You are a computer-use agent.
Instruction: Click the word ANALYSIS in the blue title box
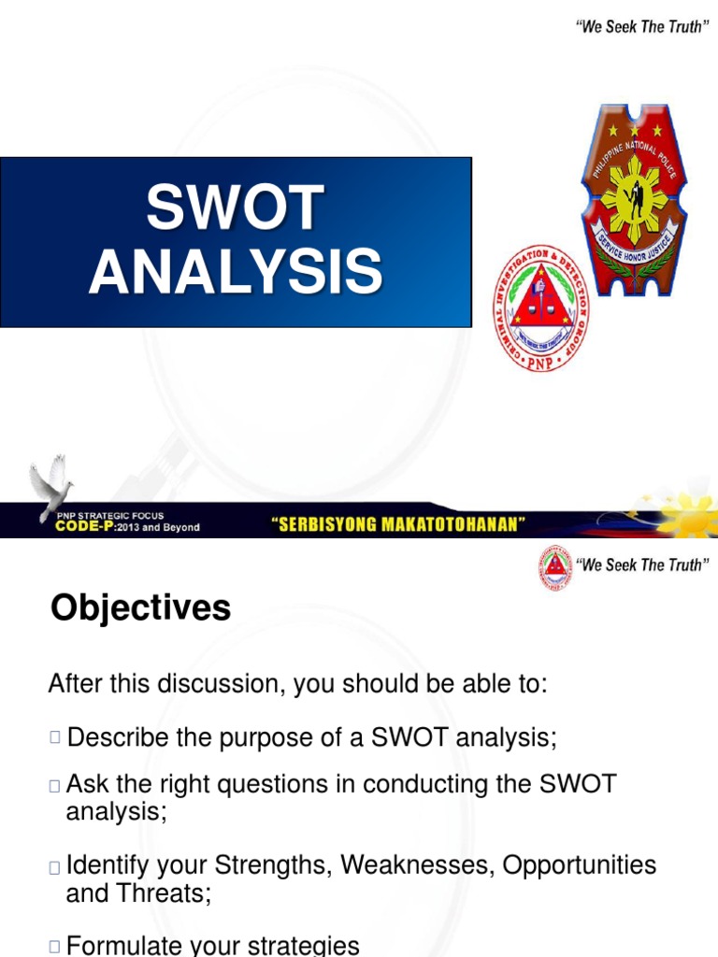click(x=236, y=272)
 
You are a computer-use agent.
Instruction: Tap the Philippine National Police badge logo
click(x=635, y=198)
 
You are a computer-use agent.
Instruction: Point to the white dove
click(x=51, y=486)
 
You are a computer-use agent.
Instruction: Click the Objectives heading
click(x=140, y=608)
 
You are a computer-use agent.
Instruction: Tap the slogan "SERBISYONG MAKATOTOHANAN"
click(x=396, y=525)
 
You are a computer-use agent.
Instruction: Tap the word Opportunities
click(x=580, y=865)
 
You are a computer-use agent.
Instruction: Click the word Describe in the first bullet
click(x=119, y=737)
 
